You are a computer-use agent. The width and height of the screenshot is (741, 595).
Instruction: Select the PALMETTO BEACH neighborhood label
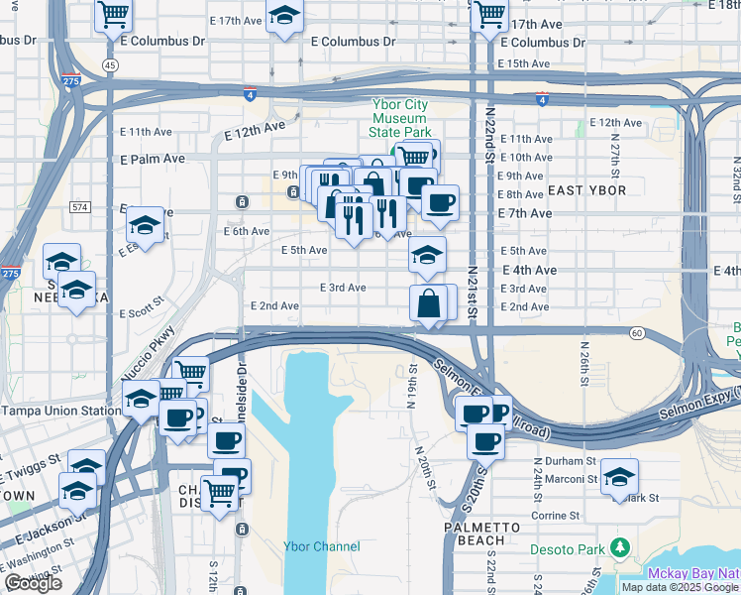coord(475,533)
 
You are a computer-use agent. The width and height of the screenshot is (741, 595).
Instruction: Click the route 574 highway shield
coord(80,207)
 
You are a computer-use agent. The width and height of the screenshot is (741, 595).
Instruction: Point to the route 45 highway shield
coord(110,64)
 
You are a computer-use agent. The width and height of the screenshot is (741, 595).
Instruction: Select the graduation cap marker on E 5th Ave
coord(427,254)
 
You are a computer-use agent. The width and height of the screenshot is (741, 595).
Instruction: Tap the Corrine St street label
coord(556,516)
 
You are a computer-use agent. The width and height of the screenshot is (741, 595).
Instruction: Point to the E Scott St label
coord(141,313)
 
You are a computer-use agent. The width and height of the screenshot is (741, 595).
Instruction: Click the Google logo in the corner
coord(32,584)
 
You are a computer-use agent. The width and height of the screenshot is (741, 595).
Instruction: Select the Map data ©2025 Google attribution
coord(681,587)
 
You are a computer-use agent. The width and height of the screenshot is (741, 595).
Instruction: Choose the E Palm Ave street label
coord(153,159)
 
